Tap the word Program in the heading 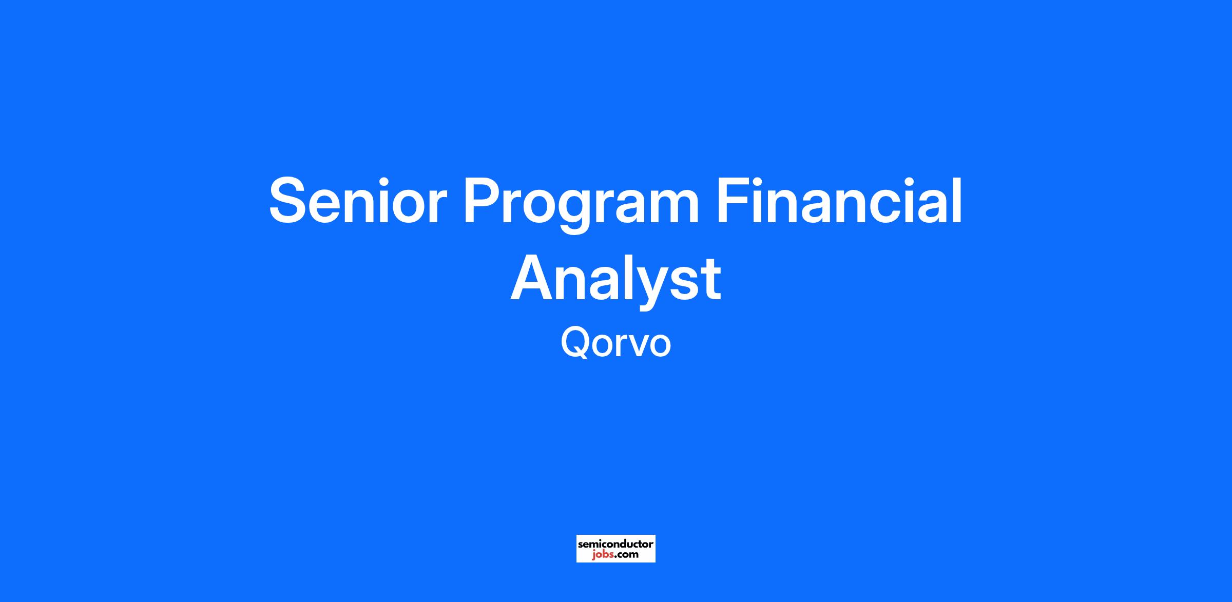[581, 205]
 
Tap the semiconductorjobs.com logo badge [616, 549]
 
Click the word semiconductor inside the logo [616, 544]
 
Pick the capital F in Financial [733, 201]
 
